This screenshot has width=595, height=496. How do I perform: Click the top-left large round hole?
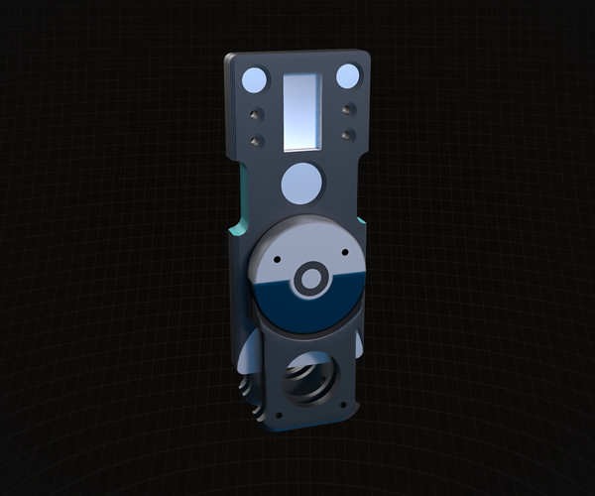click(x=255, y=79)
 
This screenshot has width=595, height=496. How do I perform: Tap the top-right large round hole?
click(x=347, y=76)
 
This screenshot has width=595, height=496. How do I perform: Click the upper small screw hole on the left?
click(x=256, y=113)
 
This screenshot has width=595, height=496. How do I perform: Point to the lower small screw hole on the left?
click(x=257, y=141)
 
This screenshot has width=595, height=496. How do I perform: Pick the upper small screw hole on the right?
click(x=348, y=109)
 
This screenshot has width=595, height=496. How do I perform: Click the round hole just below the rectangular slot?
click(x=301, y=182)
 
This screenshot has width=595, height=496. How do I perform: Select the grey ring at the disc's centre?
click(x=310, y=279)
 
